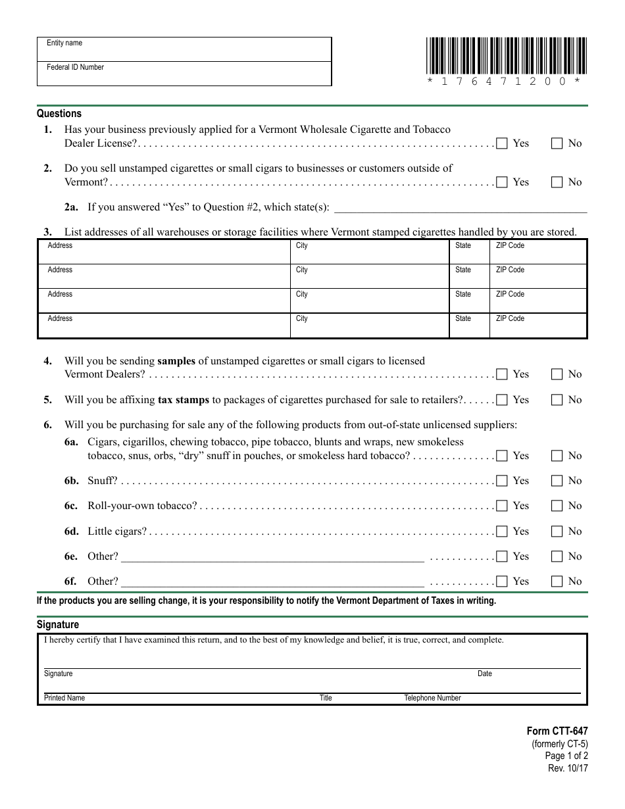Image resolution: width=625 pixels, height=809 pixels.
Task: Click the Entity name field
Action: (184, 49)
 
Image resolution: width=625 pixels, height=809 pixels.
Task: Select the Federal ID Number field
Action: (184, 74)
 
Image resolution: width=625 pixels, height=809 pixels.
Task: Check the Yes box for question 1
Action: (502, 143)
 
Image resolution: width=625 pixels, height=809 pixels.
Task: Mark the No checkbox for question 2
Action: (557, 182)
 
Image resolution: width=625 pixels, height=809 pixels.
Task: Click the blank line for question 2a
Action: (461, 208)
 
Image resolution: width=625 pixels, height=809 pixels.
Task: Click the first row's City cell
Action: (369, 252)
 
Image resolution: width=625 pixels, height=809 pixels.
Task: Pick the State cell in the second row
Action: (469, 276)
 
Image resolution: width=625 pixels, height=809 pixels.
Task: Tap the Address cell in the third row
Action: (164, 301)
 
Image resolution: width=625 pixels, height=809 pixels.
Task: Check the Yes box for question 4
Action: (502, 374)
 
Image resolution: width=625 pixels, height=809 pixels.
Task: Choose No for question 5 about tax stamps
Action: (557, 400)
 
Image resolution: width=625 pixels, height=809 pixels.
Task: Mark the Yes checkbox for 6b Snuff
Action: (502, 481)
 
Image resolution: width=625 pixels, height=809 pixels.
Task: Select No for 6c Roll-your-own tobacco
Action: (557, 506)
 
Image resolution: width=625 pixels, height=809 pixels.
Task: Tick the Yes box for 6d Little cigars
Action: (502, 531)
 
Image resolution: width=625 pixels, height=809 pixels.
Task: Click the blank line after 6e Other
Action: (272, 557)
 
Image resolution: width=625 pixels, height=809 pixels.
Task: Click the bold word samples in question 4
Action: (176, 360)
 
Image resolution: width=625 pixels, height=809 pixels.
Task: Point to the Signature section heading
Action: (58, 625)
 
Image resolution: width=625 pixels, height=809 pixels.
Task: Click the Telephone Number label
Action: (432, 698)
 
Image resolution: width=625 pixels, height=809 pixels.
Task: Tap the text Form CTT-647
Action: (557, 731)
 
